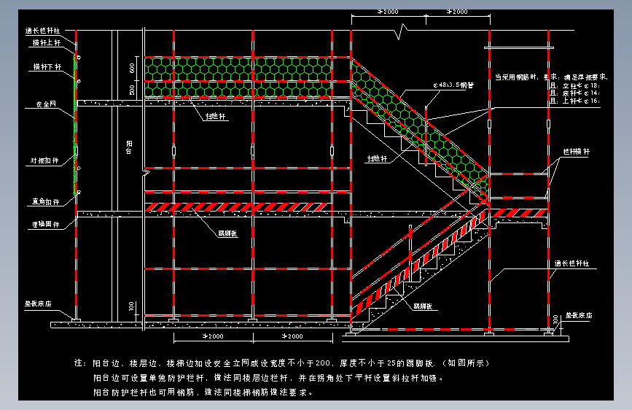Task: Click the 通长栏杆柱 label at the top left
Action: tap(41, 31)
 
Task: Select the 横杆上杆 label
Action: tap(44, 43)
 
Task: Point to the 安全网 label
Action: tap(45, 104)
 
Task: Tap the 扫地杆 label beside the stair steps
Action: tap(378, 158)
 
